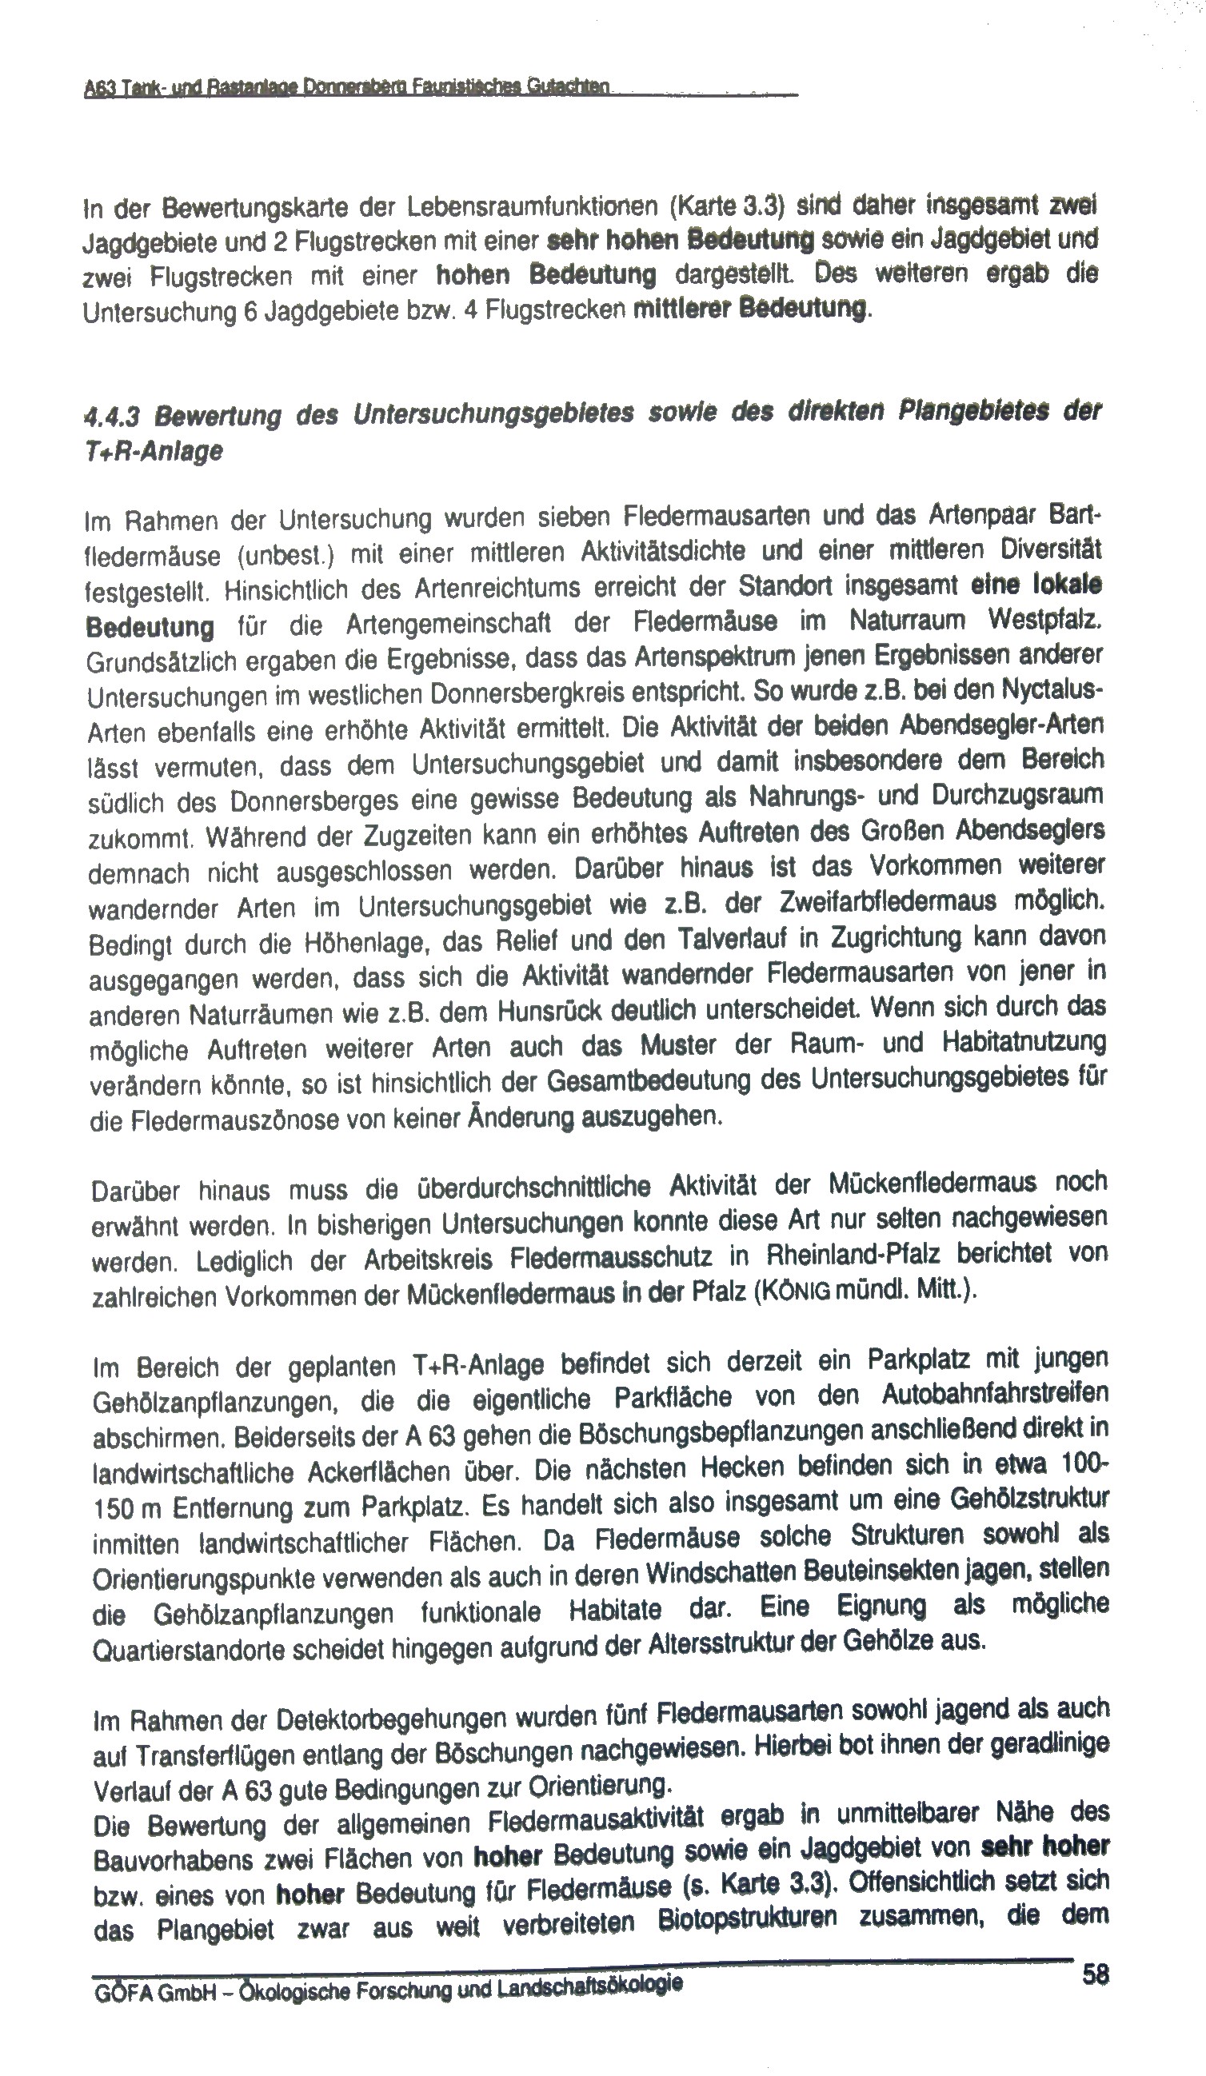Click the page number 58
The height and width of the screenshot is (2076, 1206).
[x=1096, y=1974]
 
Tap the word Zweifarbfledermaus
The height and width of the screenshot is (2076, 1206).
[x=877, y=902]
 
